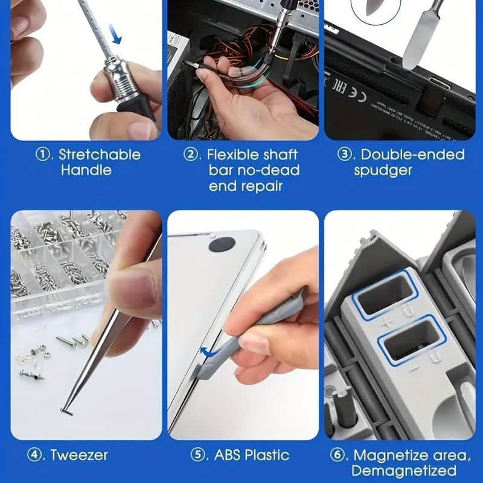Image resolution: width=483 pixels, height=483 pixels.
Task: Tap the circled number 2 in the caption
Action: click(191, 155)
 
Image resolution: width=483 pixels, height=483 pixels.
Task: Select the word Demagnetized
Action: click(404, 470)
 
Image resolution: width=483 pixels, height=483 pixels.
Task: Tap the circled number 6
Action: click(339, 455)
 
